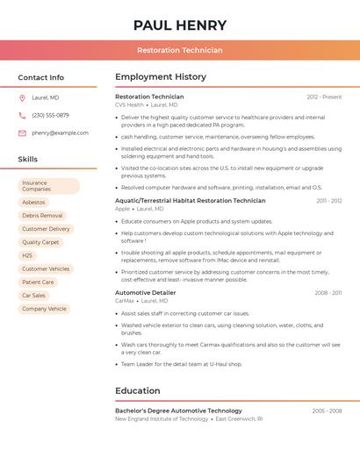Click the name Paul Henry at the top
tap(180, 25)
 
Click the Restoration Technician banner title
tap(180, 51)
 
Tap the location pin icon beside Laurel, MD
tap(22, 98)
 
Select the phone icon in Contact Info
tap(22, 116)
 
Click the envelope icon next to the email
tap(22, 133)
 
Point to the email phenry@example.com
tap(60, 133)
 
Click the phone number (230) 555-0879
tap(50, 116)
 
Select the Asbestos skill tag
tap(33, 203)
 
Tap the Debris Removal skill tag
tap(42, 216)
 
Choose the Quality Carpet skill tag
tap(40, 242)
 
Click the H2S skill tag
tap(27, 255)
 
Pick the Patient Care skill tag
tap(38, 283)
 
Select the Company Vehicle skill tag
tap(44, 309)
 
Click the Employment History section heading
tap(161, 77)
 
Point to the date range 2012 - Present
tap(324, 97)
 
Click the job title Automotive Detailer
tap(146, 293)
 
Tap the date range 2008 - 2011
tap(328, 293)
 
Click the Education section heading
tap(138, 391)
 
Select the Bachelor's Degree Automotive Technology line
tap(178, 411)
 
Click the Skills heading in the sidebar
tap(28, 160)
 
